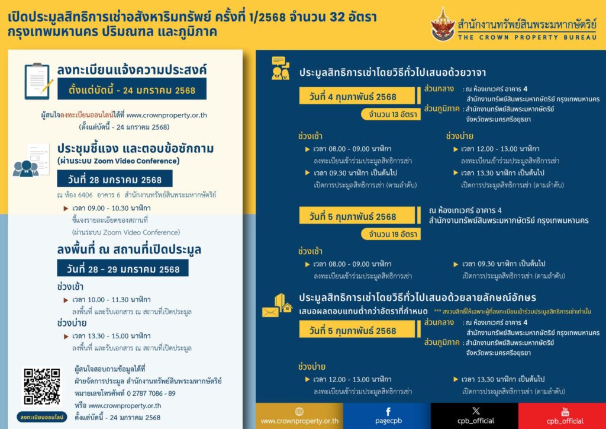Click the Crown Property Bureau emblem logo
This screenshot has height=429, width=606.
(443, 23)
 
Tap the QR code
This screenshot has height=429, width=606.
(42, 386)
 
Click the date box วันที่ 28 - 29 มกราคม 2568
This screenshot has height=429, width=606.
(123, 268)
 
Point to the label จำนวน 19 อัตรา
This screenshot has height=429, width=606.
(391, 234)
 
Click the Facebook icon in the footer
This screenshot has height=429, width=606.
(388, 411)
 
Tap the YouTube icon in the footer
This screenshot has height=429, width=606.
(565, 411)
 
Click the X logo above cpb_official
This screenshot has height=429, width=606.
(476, 411)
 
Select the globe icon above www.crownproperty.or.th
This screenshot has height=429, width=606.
(299, 411)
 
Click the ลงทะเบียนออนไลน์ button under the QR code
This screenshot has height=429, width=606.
(42, 417)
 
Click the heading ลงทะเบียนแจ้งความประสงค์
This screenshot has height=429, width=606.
(132, 69)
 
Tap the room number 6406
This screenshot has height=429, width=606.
(94, 194)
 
